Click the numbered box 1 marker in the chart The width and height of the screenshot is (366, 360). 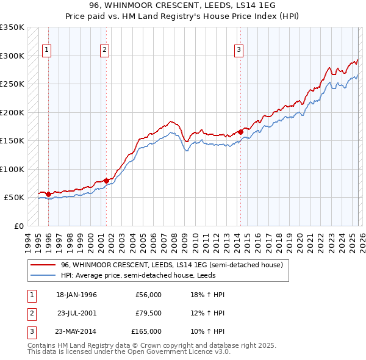tap(47, 50)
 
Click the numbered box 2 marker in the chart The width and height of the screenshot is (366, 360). tap(105, 50)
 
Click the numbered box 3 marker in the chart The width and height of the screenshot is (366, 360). tap(239, 50)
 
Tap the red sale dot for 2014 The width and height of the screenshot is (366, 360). tap(240, 131)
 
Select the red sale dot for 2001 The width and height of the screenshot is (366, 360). tap(106, 181)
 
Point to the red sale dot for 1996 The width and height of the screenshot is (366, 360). tap(48, 194)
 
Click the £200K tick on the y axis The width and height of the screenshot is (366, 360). tap(12, 112)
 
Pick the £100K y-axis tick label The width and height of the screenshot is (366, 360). tap(12, 169)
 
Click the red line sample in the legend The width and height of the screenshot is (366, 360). tap(43, 265)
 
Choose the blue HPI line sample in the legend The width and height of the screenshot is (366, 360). tap(43, 276)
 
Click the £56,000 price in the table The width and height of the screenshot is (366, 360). tap(149, 295)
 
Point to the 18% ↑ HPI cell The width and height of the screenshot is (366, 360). tap(203, 295)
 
